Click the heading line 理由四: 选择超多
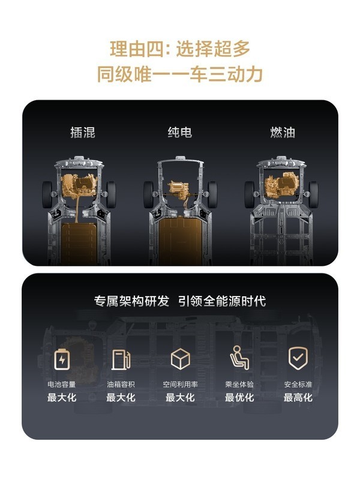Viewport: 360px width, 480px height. [180, 49]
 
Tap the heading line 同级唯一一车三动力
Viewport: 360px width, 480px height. [180, 74]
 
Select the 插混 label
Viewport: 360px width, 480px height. [83, 133]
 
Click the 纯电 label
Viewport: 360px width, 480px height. [180, 132]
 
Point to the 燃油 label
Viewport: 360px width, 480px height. [283, 133]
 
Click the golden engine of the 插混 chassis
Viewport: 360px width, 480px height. [79, 185]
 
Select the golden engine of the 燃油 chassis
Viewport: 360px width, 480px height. [281, 185]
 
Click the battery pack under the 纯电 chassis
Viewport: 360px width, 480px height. [181, 241]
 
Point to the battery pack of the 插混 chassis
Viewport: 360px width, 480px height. [79, 244]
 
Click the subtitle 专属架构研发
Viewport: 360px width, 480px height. [131, 301]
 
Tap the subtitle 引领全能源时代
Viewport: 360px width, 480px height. [222, 301]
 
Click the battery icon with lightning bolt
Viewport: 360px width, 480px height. [62, 359]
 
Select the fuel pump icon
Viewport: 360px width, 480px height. [121, 359]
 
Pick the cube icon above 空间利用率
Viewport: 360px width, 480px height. [181, 359]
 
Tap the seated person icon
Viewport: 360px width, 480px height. [239, 358]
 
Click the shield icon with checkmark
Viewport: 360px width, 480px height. [298, 358]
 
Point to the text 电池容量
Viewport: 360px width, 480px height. [62, 384]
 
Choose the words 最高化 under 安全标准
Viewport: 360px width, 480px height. [298, 398]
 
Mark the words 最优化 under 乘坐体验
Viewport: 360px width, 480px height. [239, 398]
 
